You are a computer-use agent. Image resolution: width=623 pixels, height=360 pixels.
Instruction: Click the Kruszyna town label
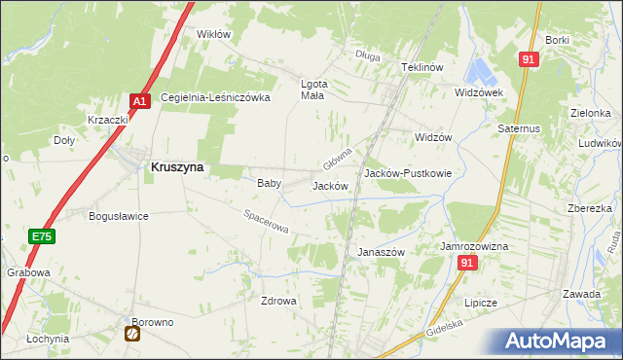click(177, 166)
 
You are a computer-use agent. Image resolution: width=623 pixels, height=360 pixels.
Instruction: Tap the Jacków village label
click(329, 185)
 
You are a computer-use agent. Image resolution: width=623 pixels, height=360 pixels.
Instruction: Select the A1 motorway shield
click(140, 100)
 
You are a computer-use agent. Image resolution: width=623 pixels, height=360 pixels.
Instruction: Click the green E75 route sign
click(41, 236)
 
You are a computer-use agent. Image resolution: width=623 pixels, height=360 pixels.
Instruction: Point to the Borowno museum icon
click(132, 334)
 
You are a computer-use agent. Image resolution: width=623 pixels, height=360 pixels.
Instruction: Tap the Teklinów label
click(422, 67)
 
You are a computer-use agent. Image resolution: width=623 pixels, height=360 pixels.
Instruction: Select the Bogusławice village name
click(118, 216)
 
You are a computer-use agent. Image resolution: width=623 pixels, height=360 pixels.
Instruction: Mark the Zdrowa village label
click(277, 301)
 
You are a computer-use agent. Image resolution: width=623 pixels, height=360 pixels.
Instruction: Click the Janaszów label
click(381, 251)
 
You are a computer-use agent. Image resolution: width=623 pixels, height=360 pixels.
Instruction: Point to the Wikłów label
click(213, 34)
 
